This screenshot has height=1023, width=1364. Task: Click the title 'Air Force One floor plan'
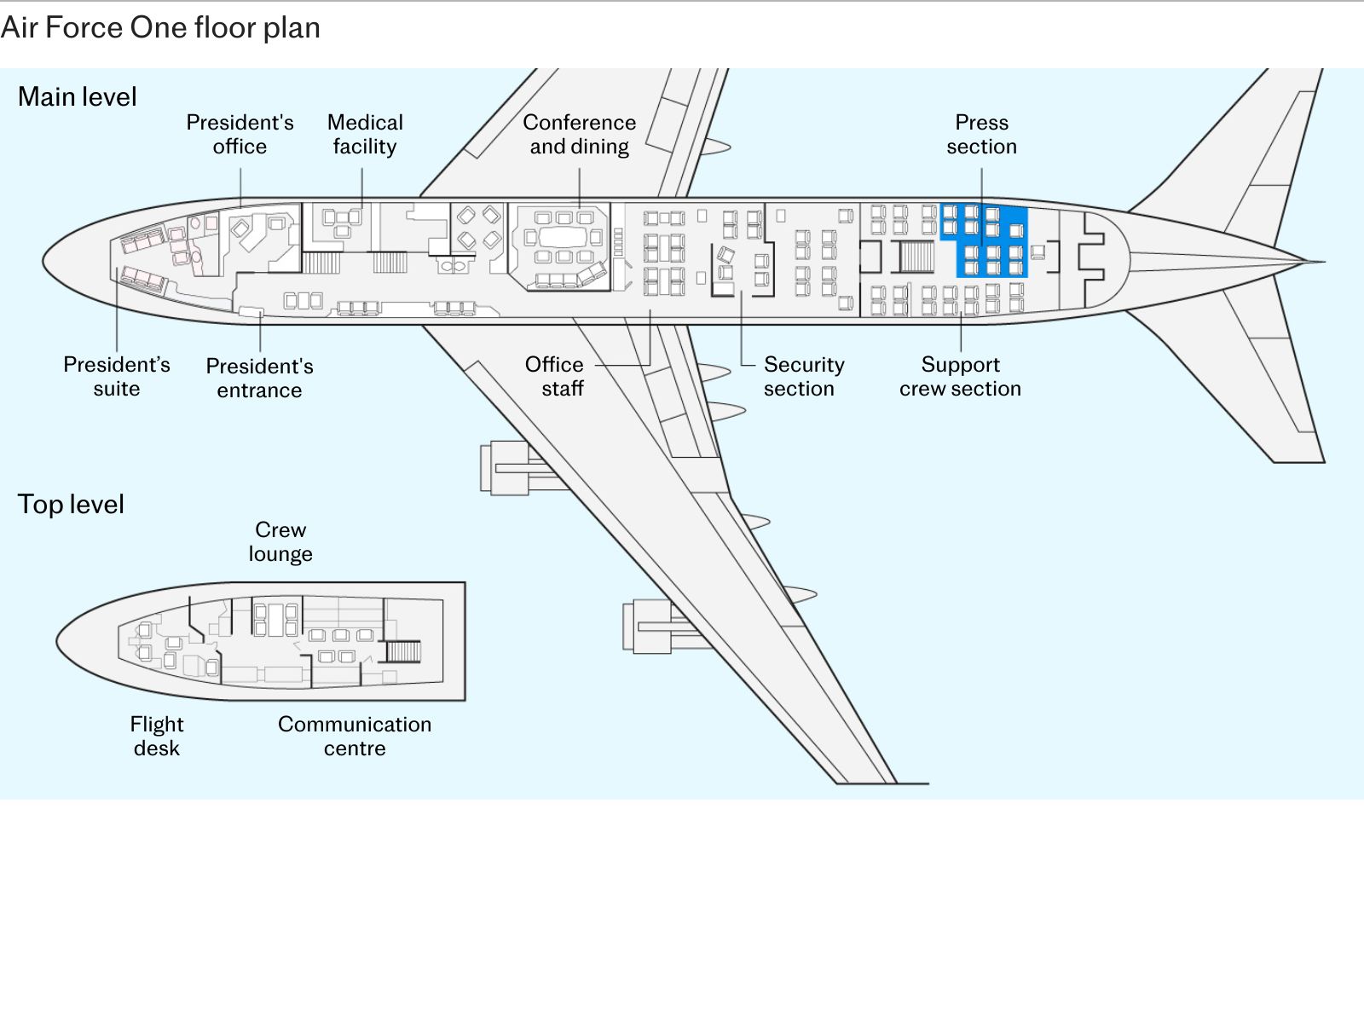[x=160, y=28]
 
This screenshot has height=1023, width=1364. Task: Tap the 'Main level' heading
[x=77, y=97]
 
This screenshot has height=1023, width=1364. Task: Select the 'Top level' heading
[x=71, y=504]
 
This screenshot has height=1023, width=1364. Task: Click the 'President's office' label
[x=240, y=134]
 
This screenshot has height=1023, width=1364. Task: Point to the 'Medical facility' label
[x=365, y=134]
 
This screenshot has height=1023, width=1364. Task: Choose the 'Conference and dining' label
[x=579, y=134]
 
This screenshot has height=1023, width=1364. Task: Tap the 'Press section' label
[x=982, y=134]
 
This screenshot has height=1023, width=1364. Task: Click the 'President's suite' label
[x=117, y=377]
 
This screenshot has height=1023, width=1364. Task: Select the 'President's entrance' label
[x=260, y=379]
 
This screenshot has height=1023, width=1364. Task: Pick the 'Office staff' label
[x=554, y=377]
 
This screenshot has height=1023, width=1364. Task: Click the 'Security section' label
[x=804, y=377]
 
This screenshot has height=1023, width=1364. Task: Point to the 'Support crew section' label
[x=960, y=377]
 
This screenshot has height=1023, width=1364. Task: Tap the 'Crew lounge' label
[x=280, y=541]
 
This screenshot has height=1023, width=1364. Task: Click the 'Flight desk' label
[x=157, y=736]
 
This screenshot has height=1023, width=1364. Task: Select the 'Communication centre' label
[x=354, y=736]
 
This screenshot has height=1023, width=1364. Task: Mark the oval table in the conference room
[x=563, y=237]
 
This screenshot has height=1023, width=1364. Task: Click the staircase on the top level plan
[x=403, y=651]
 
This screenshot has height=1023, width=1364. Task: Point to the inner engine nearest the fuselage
[x=516, y=468]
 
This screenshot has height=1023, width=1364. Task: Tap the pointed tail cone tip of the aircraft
[x=1324, y=262]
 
